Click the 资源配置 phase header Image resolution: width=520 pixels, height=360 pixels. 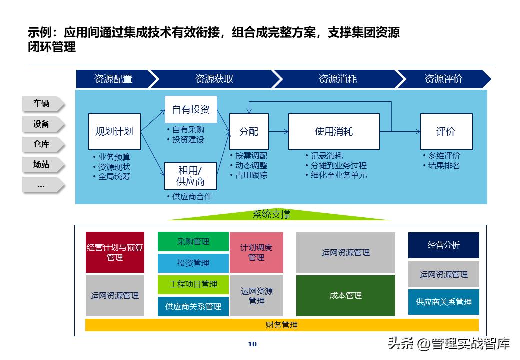click(113, 79)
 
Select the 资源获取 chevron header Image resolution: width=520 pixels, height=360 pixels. click(214, 79)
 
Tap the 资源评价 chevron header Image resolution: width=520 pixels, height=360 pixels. click(443, 79)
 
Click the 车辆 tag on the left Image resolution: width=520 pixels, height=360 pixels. click(42, 104)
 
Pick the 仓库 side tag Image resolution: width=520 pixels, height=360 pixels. click(42, 144)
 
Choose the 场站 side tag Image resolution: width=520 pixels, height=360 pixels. click(42, 164)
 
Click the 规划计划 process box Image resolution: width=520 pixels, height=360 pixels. click(114, 131)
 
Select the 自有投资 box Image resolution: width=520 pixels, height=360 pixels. click(191, 109)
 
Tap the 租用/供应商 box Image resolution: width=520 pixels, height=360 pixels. click(191, 175)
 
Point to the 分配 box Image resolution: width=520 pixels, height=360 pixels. click(249, 131)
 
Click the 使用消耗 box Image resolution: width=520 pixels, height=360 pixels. click(334, 131)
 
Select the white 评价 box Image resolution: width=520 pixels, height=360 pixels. click(446, 131)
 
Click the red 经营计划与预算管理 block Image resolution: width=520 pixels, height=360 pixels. click(115, 252)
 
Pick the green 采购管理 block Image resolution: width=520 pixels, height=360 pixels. click(193, 241)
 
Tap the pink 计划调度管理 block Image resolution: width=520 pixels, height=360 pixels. click(256, 252)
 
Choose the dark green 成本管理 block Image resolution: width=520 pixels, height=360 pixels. click(346, 295)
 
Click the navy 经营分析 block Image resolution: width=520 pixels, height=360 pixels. click(443, 245)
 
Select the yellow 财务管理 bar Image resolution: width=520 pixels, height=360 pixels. click(282, 325)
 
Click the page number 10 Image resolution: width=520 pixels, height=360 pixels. click(252, 344)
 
